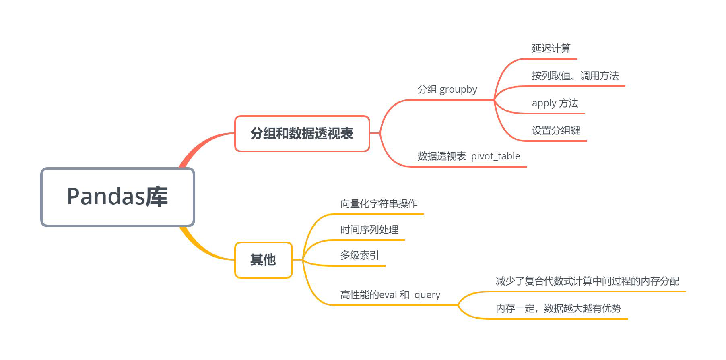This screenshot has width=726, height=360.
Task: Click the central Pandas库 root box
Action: tap(118, 197)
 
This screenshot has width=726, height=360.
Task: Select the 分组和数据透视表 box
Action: tap(302, 134)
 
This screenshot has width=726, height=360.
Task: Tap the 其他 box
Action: tap(263, 260)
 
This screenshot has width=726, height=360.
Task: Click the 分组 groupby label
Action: tap(447, 89)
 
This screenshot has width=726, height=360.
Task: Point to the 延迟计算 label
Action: tap(551, 49)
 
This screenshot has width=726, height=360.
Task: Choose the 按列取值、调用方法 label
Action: tap(575, 76)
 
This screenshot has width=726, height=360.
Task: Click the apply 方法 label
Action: tap(555, 103)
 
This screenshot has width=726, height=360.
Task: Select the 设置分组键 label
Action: tap(556, 130)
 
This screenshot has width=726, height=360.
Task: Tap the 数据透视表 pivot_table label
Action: tap(468, 156)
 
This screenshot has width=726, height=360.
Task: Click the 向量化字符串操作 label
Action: tap(379, 204)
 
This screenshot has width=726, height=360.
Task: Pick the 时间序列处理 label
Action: tap(369, 230)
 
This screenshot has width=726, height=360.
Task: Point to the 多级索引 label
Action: tap(359, 255)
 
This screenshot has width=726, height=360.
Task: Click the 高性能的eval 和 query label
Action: tap(390, 295)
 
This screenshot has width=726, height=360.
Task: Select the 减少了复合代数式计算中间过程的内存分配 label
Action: tap(587, 281)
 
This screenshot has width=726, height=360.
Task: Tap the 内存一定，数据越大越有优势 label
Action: tap(558, 308)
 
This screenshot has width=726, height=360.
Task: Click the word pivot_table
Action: tap(495, 156)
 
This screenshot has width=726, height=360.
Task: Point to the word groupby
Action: tap(458, 89)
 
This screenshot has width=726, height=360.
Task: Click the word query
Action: tap(427, 295)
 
